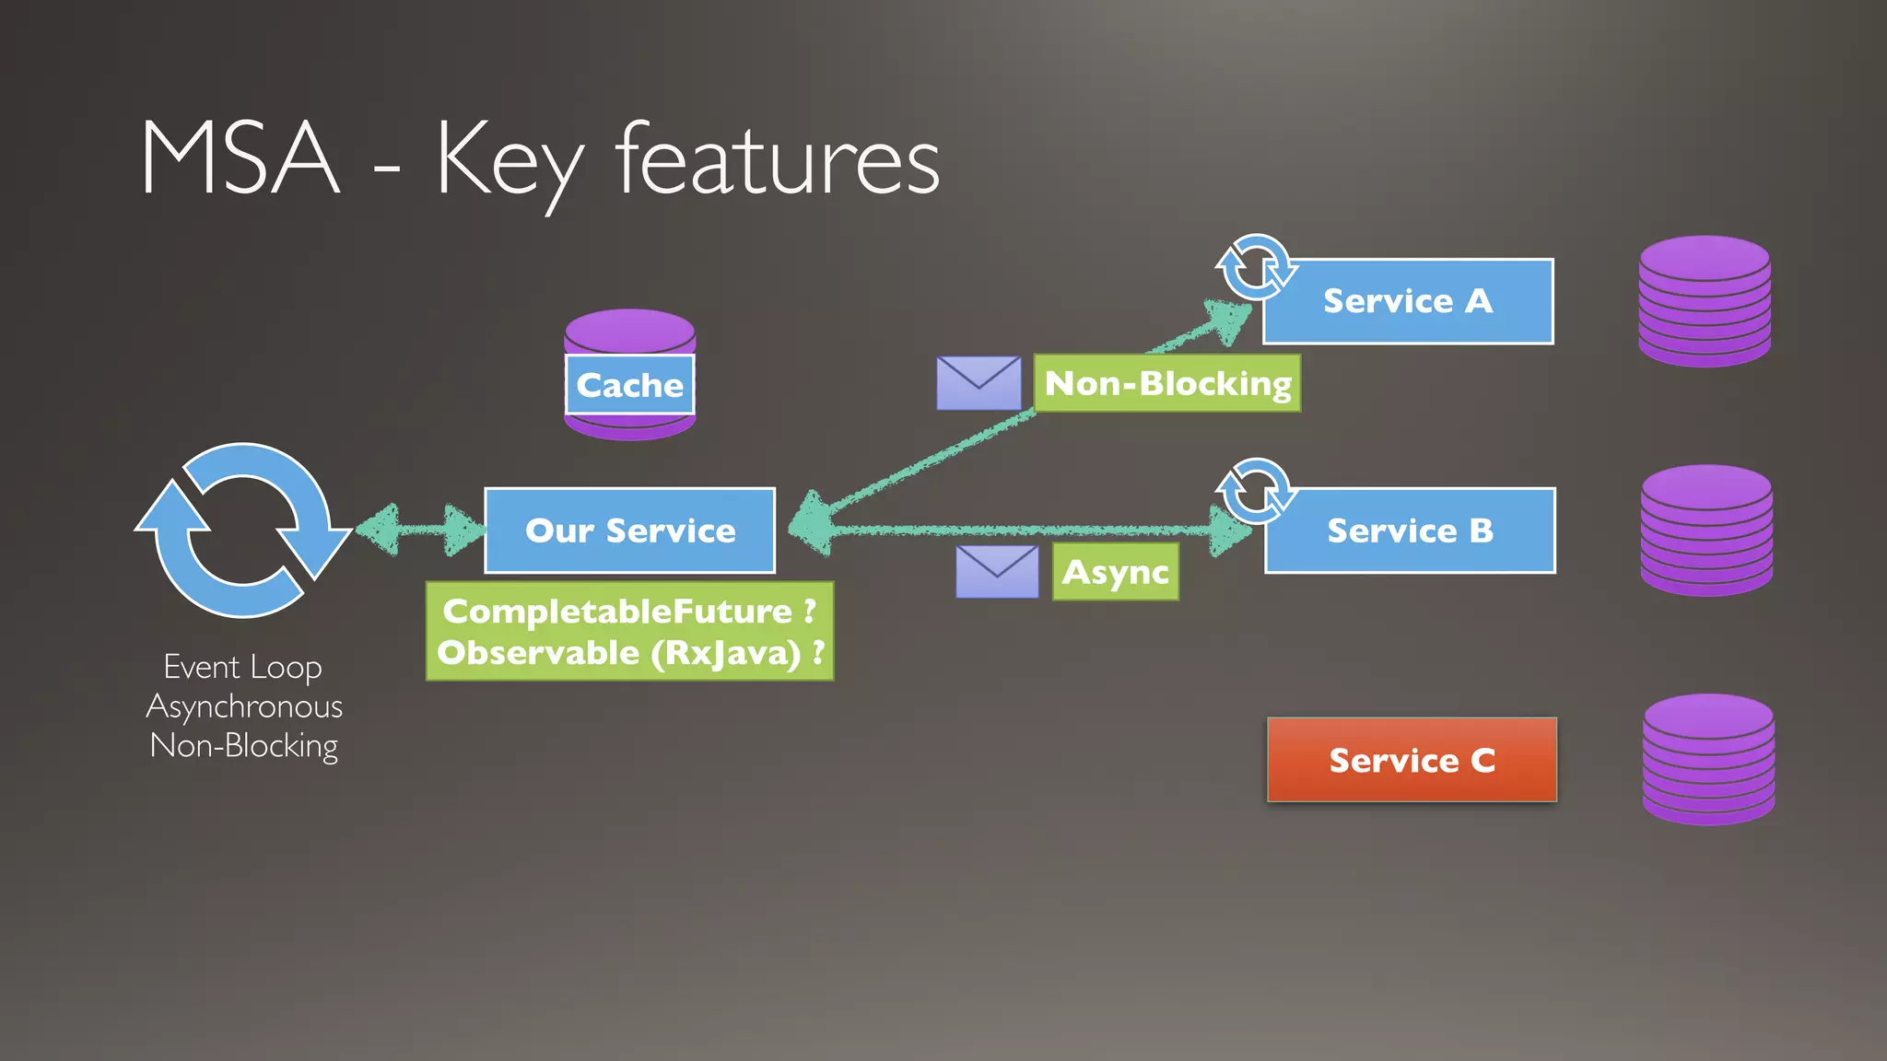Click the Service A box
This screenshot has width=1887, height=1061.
[x=1408, y=301]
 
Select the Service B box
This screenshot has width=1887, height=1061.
[x=1410, y=530]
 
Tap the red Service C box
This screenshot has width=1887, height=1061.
[x=1412, y=760]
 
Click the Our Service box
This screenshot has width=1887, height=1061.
[x=630, y=530]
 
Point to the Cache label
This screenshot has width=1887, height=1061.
[x=629, y=385]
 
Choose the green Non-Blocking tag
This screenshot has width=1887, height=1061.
[x=1166, y=383]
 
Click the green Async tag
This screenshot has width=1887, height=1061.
[x=1115, y=572]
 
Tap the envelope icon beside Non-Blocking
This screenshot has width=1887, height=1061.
[x=979, y=383]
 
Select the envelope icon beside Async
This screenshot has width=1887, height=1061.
[x=997, y=571]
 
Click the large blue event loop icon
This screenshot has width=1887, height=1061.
[x=243, y=530]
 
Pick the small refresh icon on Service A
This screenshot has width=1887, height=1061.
[x=1255, y=268]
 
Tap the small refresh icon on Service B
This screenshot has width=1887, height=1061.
[x=1255, y=492]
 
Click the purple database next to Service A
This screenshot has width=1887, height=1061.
[x=1705, y=301]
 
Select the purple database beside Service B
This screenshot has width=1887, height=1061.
[x=1706, y=530]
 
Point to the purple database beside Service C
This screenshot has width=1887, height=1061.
[x=1708, y=760]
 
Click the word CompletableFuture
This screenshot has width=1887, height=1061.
[x=617, y=612]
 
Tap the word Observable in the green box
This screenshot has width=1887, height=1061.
[x=538, y=653]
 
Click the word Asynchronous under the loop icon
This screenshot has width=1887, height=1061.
[x=244, y=706]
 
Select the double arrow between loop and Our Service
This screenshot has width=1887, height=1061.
[x=420, y=530]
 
